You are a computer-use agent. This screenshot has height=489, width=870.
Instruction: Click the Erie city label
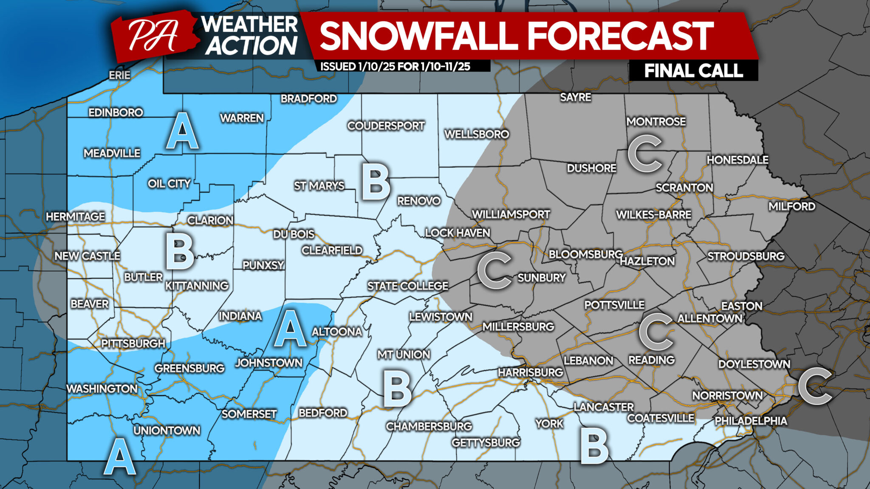119,75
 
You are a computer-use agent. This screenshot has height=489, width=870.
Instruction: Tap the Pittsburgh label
133,343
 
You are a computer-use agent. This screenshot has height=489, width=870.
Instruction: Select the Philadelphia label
751,421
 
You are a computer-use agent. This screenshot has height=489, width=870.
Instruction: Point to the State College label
407,286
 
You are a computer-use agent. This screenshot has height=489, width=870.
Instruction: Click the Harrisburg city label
530,373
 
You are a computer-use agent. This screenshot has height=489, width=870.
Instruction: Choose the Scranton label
684,188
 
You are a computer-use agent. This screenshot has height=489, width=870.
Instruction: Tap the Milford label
792,207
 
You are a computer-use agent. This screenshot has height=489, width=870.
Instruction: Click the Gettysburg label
486,443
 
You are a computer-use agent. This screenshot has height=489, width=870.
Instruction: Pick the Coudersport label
386,126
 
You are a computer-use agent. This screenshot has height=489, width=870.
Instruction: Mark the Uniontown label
167,430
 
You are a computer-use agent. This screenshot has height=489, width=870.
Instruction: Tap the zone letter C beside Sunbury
494,270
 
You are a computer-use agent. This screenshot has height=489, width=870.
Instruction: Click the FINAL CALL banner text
693,70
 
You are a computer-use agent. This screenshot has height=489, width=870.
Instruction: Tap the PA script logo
153,36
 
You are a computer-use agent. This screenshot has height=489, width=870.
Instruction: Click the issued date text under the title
395,66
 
